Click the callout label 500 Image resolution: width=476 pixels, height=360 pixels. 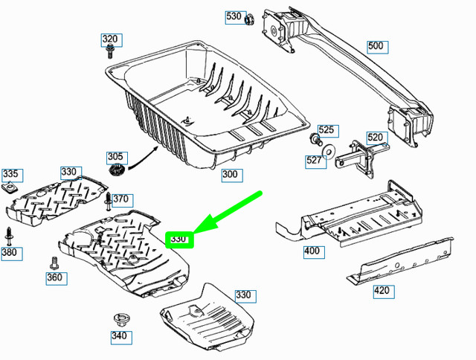coord(377,46)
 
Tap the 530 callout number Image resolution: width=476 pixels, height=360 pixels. coord(234,16)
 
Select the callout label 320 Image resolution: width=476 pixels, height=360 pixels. coord(110,39)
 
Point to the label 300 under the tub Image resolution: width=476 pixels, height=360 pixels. coord(231,176)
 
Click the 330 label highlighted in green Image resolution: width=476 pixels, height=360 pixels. coord(179,240)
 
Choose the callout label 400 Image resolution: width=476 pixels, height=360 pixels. coord(312,251)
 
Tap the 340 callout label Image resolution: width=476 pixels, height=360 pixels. coord(119,335)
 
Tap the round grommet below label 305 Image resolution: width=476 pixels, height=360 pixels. coord(116,172)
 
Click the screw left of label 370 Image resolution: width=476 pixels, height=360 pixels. coord(109,200)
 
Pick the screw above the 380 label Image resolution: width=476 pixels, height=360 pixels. coord(10,234)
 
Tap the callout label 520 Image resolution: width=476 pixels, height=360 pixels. coord(376,137)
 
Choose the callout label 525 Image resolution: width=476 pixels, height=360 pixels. coord(327,131)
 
